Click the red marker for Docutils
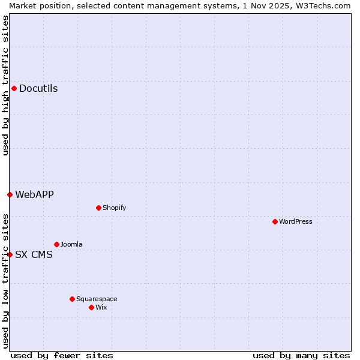tap(14, 89)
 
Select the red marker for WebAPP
tap(10, 194)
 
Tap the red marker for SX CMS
tap(10, 254)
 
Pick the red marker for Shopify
tap(98, 208)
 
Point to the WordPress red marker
tap(275, 221)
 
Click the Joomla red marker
tap(56, 244)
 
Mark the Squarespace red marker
tap(72, 299)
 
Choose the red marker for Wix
tap(91, 307)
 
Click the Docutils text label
tap(38, 89)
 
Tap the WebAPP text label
tap(34, 194)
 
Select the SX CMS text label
tap(34, 254)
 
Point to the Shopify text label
tap(114, 208)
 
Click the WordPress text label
tap(296, 221)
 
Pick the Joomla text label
tap(71, 244)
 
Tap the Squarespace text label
tap(97, 299)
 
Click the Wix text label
tap(101, 307)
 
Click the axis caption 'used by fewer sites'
tap(62, 355)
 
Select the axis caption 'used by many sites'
tap(301, 355)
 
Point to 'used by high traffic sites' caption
tap(5, 85)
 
